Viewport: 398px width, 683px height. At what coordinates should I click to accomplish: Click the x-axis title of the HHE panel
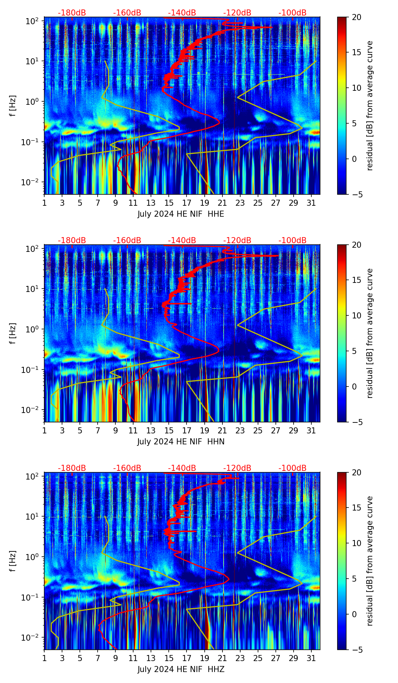180,214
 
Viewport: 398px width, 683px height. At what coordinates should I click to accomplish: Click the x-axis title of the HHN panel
180,442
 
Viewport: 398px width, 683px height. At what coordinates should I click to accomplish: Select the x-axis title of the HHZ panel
180,669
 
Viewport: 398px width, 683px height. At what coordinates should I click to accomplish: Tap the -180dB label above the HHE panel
72,13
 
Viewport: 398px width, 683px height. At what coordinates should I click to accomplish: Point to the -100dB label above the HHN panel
292,241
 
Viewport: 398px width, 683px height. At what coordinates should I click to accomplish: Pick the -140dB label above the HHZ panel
182,468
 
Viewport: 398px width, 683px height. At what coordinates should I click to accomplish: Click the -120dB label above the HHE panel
237,13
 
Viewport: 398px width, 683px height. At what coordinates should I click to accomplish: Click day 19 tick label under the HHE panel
204,202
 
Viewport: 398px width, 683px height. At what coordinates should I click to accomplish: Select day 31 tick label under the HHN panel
311,430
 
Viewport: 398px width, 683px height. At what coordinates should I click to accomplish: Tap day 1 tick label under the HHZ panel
45,658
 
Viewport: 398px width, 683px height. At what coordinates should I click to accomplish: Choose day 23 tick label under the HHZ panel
240,658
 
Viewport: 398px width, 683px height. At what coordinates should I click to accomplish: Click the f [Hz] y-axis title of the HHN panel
13,333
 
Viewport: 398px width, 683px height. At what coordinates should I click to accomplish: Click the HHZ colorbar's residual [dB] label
370,561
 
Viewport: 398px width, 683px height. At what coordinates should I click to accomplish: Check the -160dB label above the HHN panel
127,241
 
